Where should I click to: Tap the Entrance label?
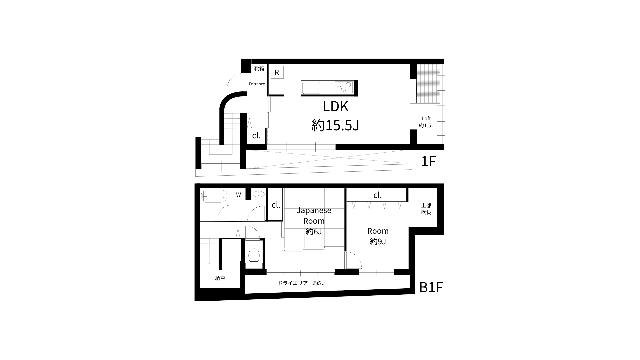(257, 84)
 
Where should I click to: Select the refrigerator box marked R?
(277, 72)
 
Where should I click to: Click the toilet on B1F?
(254, 255)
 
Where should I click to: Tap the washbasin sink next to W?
(258, 193)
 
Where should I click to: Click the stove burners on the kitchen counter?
(344, 87)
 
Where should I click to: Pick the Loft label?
(426, 122)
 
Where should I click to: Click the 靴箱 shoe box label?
(259, 68)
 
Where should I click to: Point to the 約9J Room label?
(378, 236)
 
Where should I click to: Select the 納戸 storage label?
(220, 278)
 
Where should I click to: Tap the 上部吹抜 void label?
(426, 209)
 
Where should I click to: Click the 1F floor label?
(429, 161)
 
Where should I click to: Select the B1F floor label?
(431, 287)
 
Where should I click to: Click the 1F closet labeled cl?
(256, 136)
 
